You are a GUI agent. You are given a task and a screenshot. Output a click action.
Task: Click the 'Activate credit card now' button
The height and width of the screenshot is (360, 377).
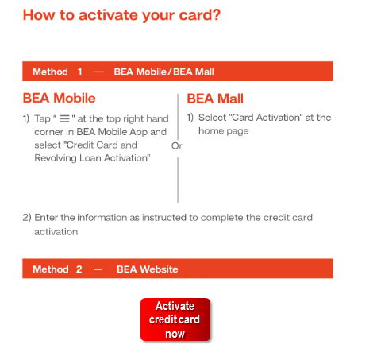[175, 319]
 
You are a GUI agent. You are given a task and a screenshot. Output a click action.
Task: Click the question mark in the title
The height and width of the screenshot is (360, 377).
[216, 14]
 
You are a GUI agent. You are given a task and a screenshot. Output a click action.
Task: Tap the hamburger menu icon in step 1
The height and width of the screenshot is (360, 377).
[64, 118]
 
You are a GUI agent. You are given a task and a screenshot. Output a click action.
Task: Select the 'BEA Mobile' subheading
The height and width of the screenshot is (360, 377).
[59, 98]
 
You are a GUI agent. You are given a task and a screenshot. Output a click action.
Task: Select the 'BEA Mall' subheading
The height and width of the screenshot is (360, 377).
[215, 99]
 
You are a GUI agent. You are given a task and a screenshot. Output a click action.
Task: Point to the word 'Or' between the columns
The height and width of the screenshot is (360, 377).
[177, 145]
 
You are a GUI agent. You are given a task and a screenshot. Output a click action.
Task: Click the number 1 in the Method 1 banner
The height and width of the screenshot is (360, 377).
[79, 72]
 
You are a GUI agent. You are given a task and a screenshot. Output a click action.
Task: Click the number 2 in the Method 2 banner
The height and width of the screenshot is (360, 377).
[79, 269]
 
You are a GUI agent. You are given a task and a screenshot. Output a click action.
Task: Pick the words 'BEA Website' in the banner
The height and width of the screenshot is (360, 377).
[148, 269]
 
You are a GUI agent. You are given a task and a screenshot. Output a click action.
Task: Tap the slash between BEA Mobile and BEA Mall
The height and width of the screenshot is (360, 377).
[170, 72]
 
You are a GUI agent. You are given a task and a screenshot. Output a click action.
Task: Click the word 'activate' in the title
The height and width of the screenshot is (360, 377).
[109, 15]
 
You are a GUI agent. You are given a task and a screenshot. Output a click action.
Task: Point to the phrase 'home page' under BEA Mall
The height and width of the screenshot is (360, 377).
[224, 131]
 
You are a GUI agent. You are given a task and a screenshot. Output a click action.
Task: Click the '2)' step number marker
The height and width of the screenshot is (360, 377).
[27, 218]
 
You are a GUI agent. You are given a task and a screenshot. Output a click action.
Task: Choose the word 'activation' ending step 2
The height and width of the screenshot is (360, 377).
[56, 232]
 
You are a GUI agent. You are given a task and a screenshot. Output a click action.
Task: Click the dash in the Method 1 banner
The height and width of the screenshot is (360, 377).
[98, 72]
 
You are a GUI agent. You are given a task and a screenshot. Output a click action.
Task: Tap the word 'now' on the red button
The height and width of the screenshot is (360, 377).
[175, 335]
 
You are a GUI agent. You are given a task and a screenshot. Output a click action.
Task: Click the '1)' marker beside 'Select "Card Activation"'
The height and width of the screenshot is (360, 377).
[190, 118]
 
